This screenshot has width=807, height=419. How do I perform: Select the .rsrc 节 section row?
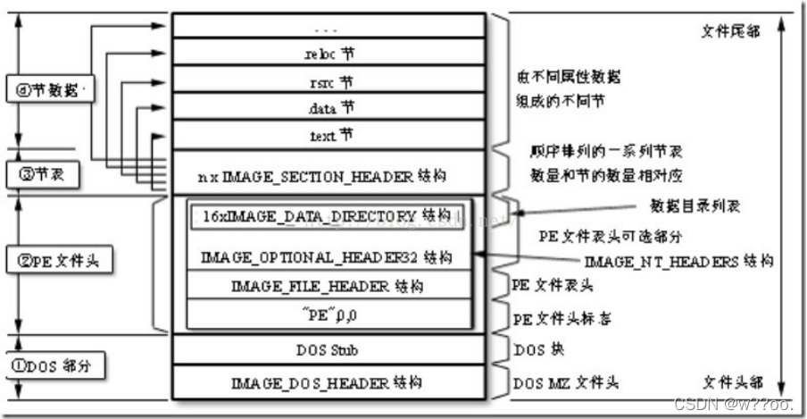click(328, 82)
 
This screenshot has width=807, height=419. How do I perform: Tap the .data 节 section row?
click(328, 109)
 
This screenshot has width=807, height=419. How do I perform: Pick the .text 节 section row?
click(328, 137)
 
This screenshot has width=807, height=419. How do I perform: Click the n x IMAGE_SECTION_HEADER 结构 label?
click(328, 177)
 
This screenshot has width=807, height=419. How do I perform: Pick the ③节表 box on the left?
click(41, 173)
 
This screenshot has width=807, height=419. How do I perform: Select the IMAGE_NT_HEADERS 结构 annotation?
click(678, 263)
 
